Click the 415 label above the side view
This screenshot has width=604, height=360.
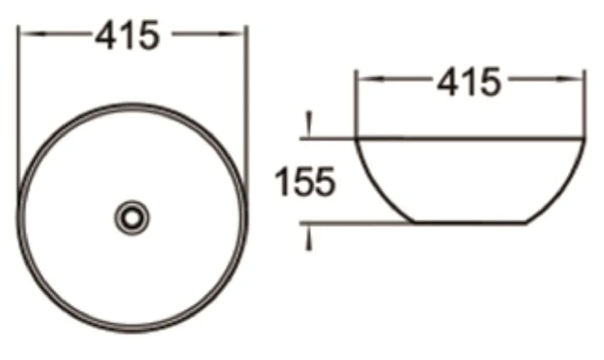[469, 82]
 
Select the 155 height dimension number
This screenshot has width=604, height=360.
[306, 182]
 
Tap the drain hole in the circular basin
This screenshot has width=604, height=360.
[132, 217]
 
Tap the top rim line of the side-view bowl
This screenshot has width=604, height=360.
[469, 139]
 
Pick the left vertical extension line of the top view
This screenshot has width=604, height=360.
[19, 101]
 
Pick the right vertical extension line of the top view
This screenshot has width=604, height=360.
[247, 101]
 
